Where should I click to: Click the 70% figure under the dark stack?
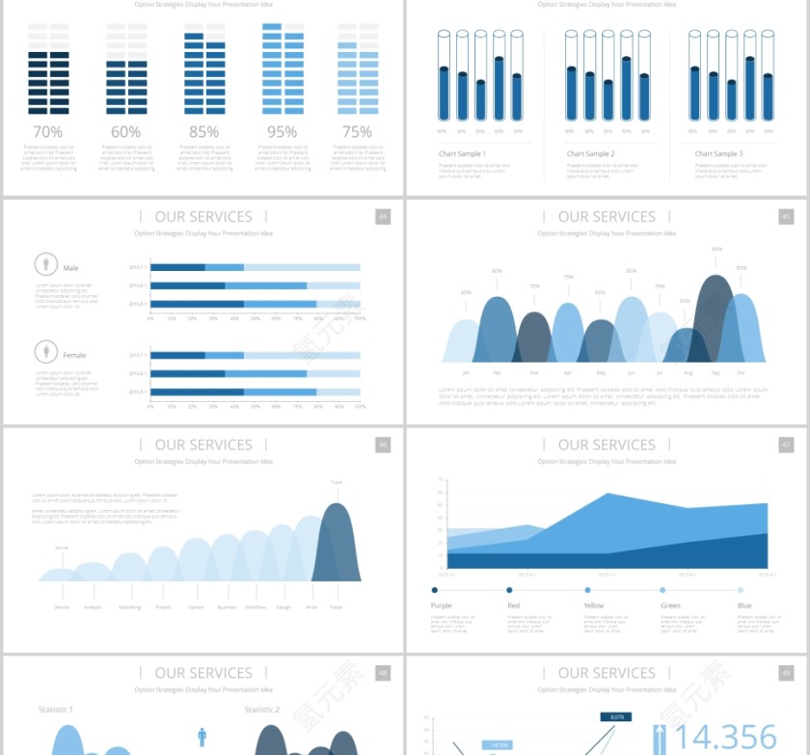point(48,132)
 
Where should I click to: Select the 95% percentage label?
point(282,132)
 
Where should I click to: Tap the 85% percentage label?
point(203,132)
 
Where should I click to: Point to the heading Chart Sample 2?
point(590,154)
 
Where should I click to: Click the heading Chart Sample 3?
point(718,154)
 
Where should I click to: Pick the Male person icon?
point(44,264)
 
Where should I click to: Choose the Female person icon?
point(44,351)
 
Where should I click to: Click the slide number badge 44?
point(383,217)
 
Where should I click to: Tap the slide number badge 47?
point(786,445)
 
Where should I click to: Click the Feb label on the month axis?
point(497,372)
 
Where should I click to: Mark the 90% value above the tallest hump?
point(716,250)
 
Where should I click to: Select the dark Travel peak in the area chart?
point(337,545)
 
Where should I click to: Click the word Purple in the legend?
point(441,606)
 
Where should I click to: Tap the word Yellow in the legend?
point(594,606)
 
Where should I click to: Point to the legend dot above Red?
point(509,590)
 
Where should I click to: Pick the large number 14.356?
point(726,737)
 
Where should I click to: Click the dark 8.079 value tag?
point(617,716)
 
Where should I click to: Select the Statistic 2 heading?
point(261,710)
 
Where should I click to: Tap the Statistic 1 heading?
point(55,710)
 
